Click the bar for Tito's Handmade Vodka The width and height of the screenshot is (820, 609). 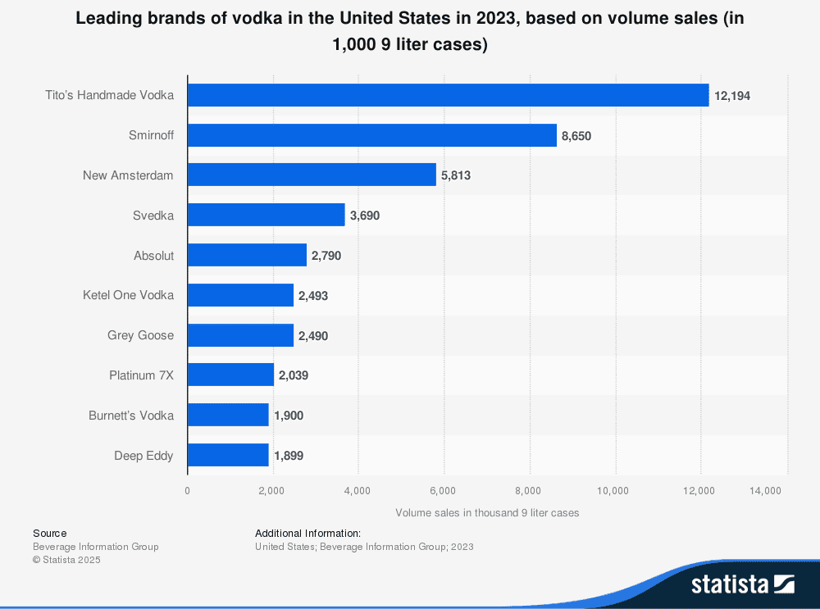point(448,95)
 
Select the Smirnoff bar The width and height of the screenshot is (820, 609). point(372,135)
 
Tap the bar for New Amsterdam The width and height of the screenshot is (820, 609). point(312,175)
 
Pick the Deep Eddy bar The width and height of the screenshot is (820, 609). point(228,455)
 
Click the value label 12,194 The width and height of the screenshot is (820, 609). point(732,96)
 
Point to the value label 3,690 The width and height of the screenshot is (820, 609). point(365,216)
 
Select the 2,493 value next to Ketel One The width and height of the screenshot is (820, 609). point(313,296)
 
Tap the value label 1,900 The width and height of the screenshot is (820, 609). point(289,416)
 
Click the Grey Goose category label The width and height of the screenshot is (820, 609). point(140,335)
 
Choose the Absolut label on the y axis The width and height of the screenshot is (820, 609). point(153,256)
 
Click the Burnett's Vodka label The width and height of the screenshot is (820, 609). point(131,416)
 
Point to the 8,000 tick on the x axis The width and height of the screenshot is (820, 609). point(528,490)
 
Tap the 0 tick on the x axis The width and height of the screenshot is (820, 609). point(187,490)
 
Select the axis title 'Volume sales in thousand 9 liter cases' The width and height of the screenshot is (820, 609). point(487,512)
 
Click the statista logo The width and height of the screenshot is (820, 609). point(742,584)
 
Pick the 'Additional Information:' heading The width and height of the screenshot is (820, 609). point(307,533)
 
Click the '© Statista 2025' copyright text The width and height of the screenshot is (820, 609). point(66,560)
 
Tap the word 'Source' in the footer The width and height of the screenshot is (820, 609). point(50,533)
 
